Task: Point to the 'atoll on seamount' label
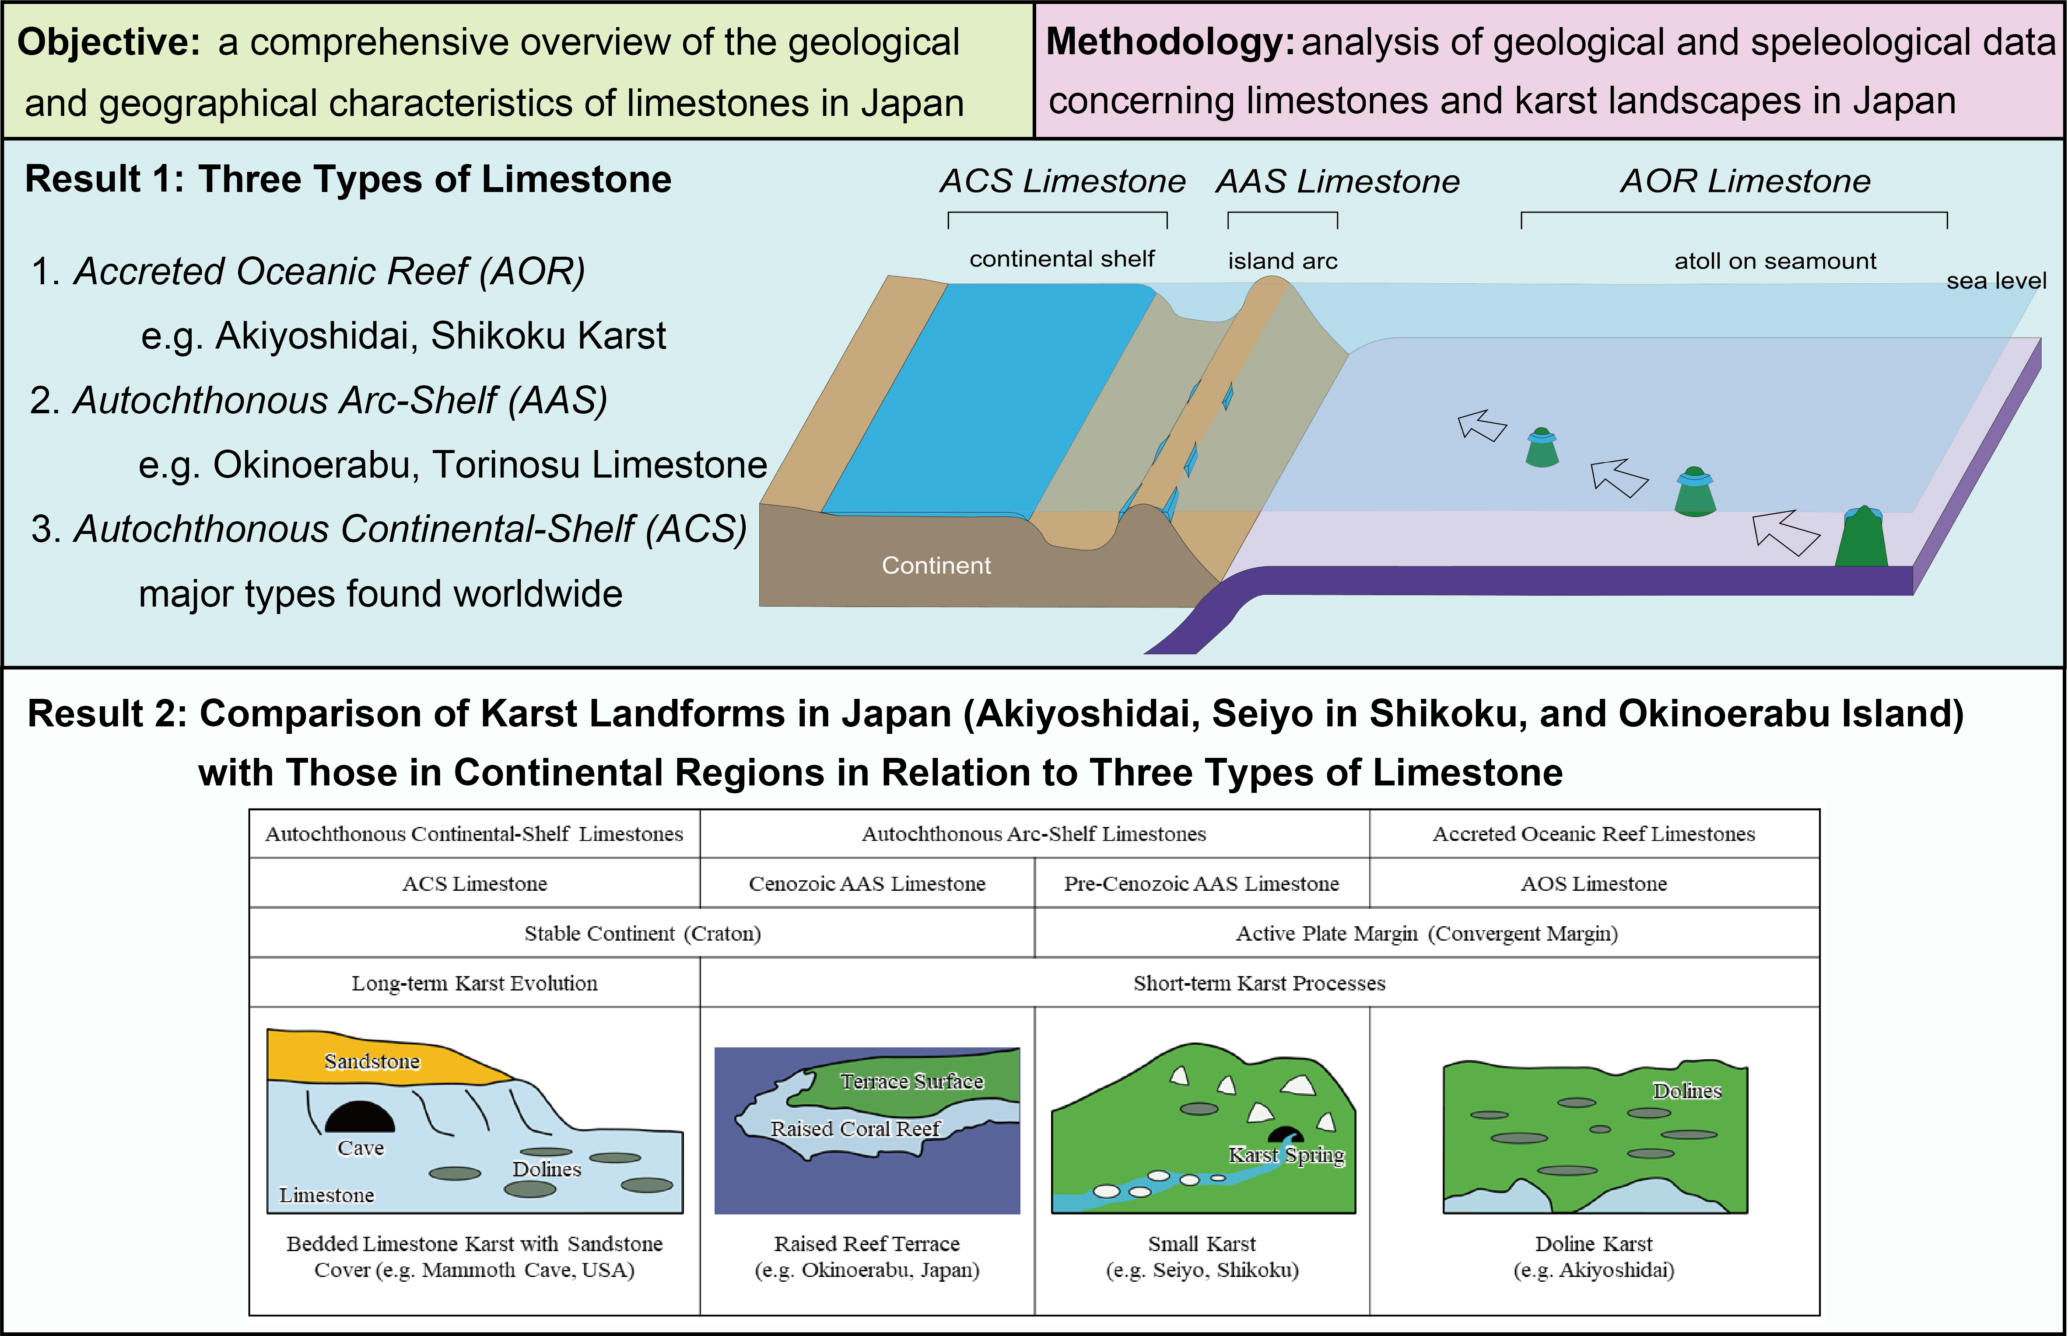tap(1775, 261)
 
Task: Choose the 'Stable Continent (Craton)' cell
tap(642, 934)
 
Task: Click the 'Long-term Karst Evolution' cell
tap(475, 983)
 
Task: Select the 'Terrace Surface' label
tap(911, 1081)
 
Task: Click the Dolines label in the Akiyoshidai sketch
tap(1686, 1091)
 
